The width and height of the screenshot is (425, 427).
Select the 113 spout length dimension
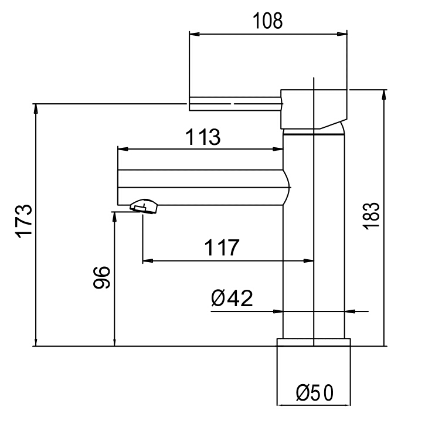[203, 137]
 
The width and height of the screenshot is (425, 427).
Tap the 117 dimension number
[222, 248]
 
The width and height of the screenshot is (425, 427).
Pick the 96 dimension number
[101, 278]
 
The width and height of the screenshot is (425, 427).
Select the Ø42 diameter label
[232, 299]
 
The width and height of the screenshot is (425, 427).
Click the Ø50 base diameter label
[314, 392]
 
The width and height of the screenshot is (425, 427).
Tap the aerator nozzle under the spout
[144, 206]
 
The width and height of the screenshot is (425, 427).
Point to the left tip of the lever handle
[191, 104]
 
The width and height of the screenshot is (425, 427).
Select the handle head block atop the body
[314, 109]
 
